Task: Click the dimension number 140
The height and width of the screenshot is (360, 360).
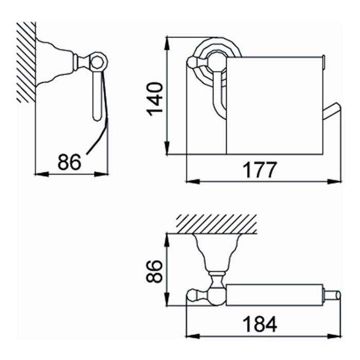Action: tap(154, 99)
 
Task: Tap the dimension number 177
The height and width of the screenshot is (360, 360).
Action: tap(260, 170)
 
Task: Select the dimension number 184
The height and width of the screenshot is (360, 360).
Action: tap(260, 324)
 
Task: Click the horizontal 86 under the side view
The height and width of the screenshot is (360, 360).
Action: tap(69, 162)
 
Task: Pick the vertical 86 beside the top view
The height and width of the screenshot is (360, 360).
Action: tap(154, 271)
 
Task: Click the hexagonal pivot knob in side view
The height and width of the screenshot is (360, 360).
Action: tap(99, 61)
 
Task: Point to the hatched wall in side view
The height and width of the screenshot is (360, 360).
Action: tap(26, 62)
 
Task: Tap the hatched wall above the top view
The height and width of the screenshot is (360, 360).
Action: tap(217, 224)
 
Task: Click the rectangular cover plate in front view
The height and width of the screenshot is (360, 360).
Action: tap(275, 105)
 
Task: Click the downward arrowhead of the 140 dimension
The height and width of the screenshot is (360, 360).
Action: tap(167, 148)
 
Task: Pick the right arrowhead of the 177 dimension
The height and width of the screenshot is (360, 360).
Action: tap(335, 182)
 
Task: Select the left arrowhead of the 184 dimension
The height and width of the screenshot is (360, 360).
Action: tap(193, 336)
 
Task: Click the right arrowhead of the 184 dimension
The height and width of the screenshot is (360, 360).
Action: tap(334, 336)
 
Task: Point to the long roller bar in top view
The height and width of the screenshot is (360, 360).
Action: tap(275, 295)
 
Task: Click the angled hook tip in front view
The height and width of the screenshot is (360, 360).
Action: tap(332, 111)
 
